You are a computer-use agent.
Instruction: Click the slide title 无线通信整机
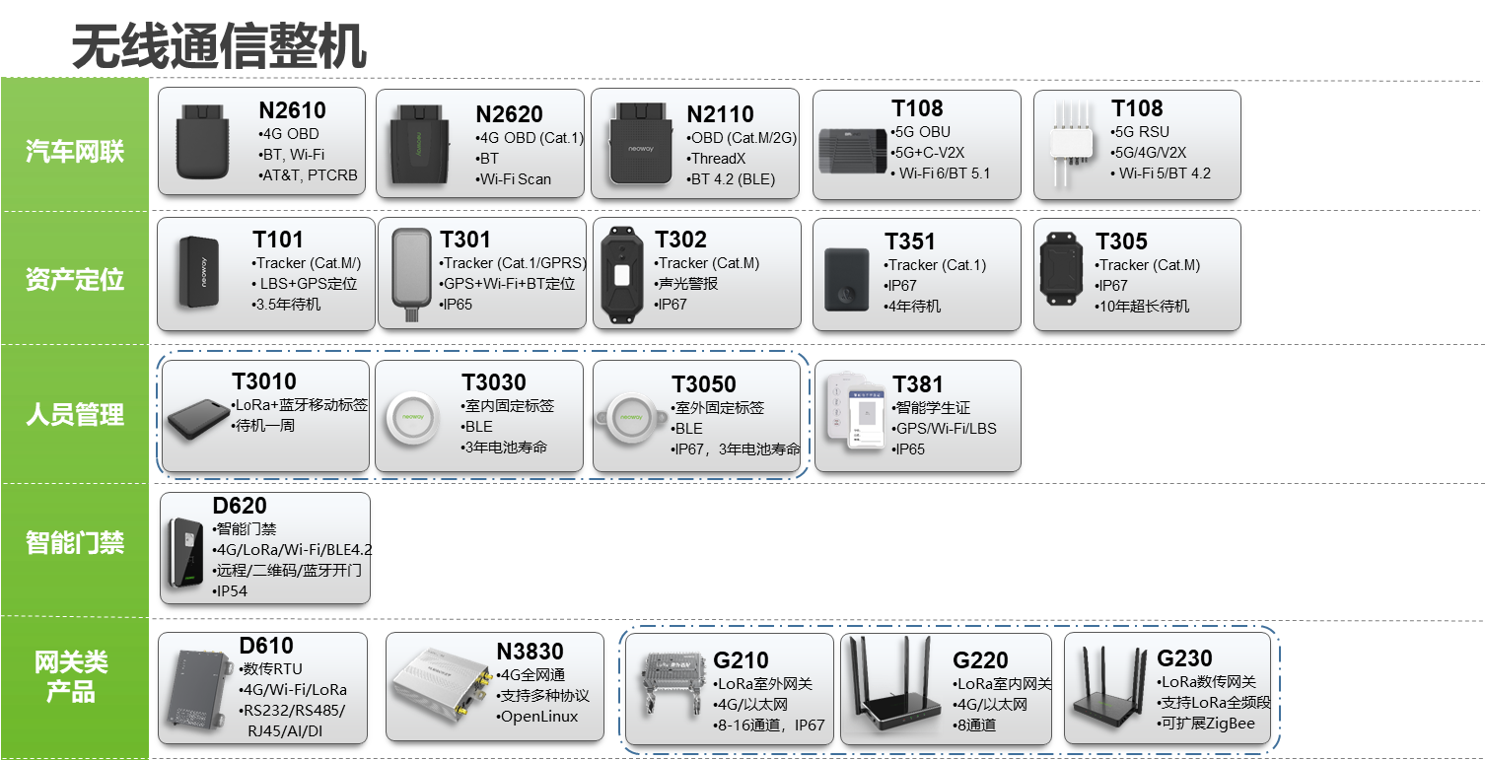point(219,46)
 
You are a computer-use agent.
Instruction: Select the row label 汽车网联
point(75,152)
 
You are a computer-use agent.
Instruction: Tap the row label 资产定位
point(75,279)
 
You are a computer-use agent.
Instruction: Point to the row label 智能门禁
point(75,542)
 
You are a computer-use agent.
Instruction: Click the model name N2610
point(292,110)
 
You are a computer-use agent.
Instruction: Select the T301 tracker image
point(409,271)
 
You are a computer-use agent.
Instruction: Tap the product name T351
point(909,242)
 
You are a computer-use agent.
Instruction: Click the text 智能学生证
point(932,407)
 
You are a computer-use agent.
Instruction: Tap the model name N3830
point(531,652)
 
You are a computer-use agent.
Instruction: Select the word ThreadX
point(718,159)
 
